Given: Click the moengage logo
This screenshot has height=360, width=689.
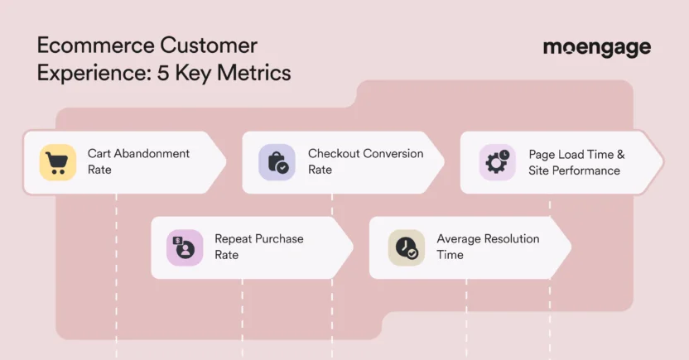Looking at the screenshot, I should coord(596,47).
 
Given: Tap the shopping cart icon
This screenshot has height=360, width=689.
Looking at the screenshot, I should coord(57,161).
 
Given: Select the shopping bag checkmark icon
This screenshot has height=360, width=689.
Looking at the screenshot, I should coord(277,161).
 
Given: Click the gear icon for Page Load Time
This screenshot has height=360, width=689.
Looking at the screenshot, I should coord(497,162).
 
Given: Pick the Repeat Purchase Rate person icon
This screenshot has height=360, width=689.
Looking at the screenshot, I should coord(184,247).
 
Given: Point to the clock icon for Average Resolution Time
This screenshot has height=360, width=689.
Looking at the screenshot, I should coord(406,247).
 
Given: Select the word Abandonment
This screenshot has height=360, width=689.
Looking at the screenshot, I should coord(151,154).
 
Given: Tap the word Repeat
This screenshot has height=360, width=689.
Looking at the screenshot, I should coord(232,239).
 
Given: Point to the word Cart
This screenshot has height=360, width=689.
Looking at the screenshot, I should coord(99,154).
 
